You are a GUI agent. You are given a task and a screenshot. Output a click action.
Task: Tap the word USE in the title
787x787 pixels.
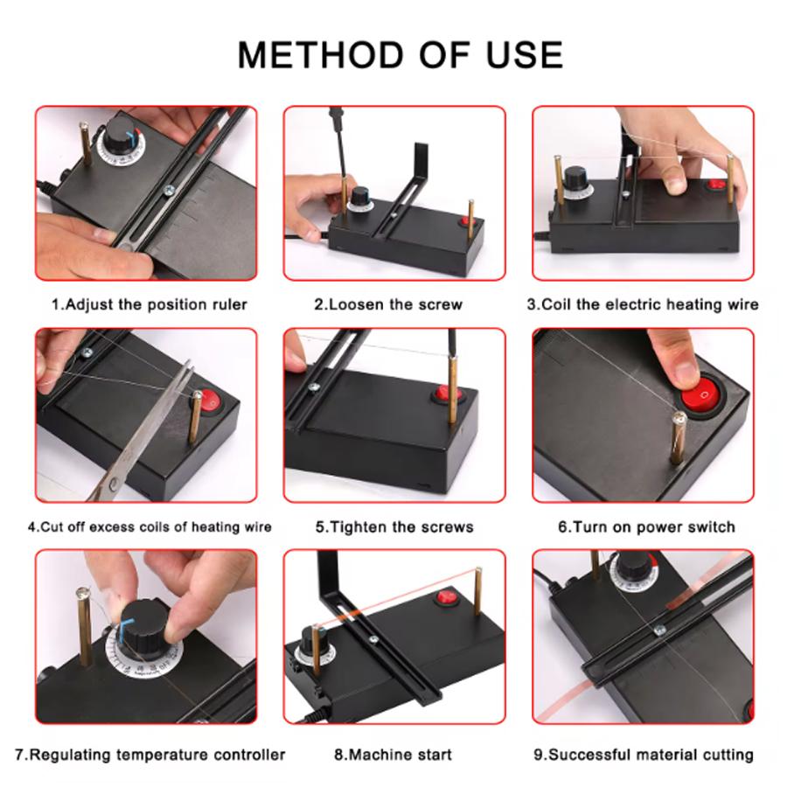[x=524, y=55]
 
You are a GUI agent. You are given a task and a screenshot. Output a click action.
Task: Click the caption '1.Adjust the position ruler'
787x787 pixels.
[x=149, y=304]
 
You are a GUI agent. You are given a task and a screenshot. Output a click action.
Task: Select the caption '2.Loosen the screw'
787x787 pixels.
[x=388, y=304]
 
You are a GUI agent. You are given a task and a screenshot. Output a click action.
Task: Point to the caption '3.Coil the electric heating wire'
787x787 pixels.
[x=643, y=304]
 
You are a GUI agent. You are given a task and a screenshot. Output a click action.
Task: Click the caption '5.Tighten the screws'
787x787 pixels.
[x=394, y=527]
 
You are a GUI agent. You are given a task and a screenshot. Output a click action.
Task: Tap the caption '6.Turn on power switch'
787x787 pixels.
[x=646, y=527]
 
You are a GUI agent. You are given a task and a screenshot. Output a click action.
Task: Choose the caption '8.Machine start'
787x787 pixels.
[x=393, y=755]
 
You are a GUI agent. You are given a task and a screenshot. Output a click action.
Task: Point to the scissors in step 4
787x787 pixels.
[x=144, y=432]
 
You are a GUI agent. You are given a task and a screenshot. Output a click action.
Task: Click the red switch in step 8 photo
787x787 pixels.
[x=445, y=598]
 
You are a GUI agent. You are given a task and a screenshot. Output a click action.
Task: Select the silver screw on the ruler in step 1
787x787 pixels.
[x=169, y=190]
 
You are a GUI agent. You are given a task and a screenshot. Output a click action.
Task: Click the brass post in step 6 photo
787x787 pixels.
[x=678, y=438]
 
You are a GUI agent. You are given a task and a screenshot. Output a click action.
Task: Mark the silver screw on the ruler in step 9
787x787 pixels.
[x=659, y=630]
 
